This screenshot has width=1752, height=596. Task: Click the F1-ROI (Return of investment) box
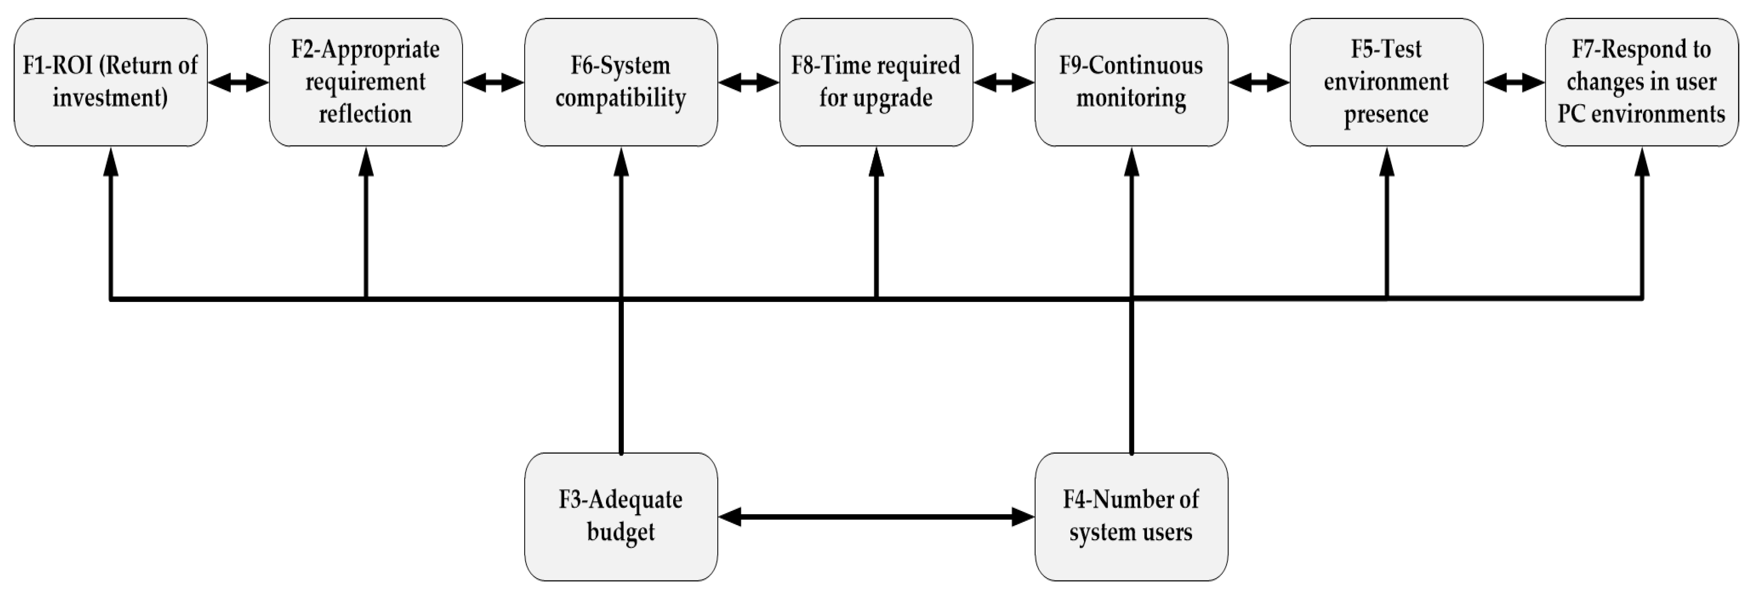110,82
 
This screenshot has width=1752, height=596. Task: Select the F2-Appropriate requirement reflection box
366,82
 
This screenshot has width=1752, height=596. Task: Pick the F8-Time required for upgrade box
876,82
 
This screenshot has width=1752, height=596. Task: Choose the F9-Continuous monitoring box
1131,82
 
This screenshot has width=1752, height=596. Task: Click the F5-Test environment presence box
1386,82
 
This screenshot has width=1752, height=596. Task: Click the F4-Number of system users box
1131,517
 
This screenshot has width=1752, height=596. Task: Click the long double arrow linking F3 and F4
876,517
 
